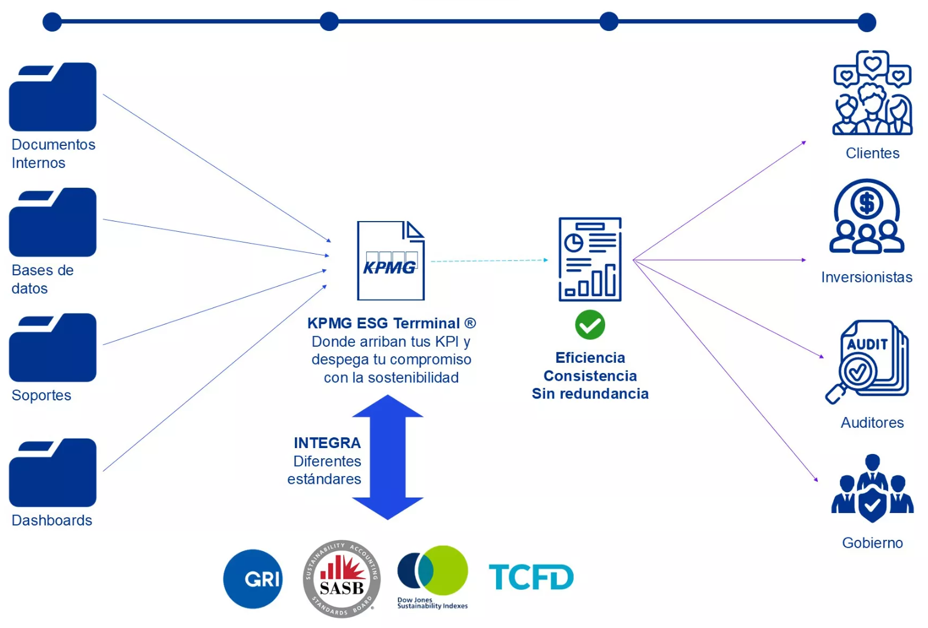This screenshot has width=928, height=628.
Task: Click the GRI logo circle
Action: click(253, 579)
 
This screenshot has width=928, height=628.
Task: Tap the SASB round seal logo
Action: click(341, 579)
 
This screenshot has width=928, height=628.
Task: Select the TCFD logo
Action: click(531, 577)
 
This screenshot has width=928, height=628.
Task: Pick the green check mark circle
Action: click(590, 325)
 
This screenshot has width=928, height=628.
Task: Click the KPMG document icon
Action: click(390, 261)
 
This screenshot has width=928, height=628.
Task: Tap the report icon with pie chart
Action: click(590, 259)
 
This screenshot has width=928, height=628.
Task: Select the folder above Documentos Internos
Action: click(53, 97)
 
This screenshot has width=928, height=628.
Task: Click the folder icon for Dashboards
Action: click(53, 472)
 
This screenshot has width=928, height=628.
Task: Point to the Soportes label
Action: click(41, 395)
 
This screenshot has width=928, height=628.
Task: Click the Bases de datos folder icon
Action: click(53, 222)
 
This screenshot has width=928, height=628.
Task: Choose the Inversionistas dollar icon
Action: click(867, 217)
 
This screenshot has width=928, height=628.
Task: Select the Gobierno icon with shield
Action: click(873, 489)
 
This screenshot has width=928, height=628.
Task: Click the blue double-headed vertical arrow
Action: click(388, 457)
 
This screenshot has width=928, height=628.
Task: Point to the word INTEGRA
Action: click(327, 443)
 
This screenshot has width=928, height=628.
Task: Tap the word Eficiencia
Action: click(590, 357)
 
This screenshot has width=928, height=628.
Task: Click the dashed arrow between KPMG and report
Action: click(488, 260)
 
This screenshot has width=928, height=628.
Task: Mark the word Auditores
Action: click(872, 422)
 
